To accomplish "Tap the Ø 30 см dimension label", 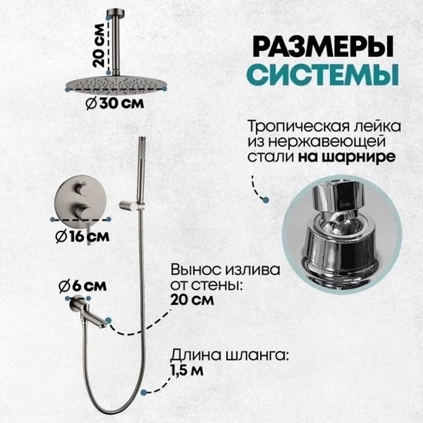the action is (115, 103).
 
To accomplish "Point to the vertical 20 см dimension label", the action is (98, 45).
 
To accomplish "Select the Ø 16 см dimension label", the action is (82, 237).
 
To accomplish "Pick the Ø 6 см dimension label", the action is (82, 286).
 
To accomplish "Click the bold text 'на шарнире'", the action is (347, 157).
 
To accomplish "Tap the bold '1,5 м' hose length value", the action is (186, 371).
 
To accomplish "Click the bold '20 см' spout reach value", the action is (192, 300).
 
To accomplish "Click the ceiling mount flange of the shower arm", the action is (115, 12).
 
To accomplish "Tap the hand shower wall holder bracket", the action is (132, 205).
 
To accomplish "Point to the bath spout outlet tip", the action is (103, 326).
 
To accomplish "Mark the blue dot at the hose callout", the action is (144, 392).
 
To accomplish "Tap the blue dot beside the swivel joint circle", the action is (266, 200).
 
